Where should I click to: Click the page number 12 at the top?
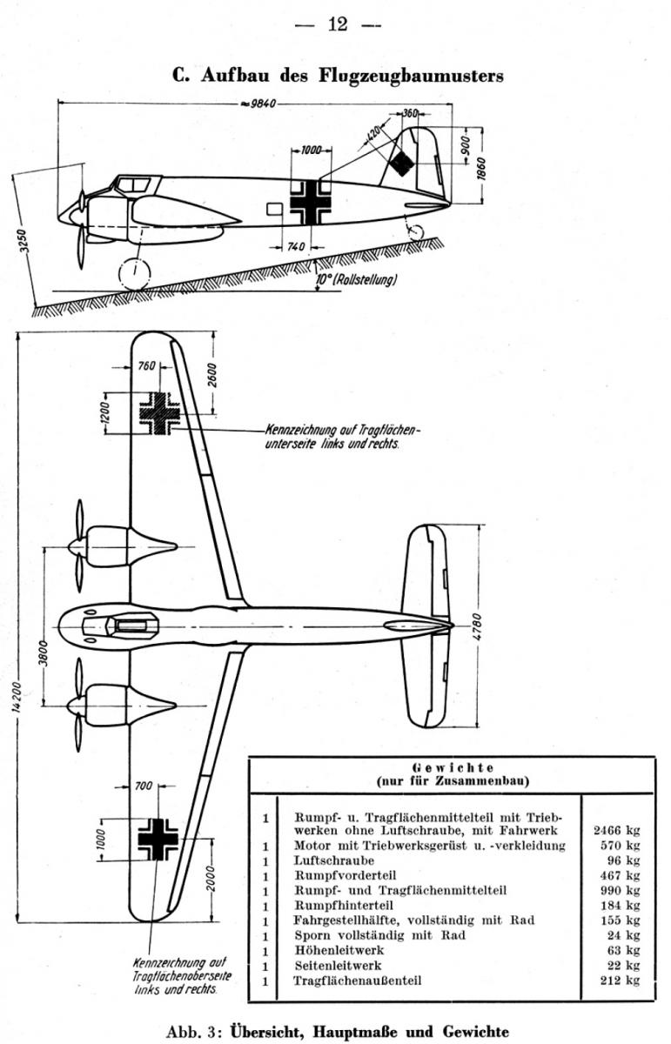coord(338,24)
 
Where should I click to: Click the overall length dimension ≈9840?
coord(258,104)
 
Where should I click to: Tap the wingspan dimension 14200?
coord(17,698)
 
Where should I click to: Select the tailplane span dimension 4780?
coord(478,627)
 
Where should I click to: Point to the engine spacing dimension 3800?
coord(44,654)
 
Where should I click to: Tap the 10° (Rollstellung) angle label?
coord(356,279)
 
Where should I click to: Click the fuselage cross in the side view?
coord(311,203)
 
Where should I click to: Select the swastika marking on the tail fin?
coord(401,164)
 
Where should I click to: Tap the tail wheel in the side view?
coord(416,231)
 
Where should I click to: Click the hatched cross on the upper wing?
coord(159,413)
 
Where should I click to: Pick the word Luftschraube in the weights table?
coord(334,860)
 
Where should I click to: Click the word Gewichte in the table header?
coord(453,767)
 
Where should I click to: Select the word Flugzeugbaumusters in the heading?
coord(411,76)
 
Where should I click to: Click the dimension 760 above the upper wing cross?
coord(146,366)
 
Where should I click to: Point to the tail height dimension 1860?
coord(481,168)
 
